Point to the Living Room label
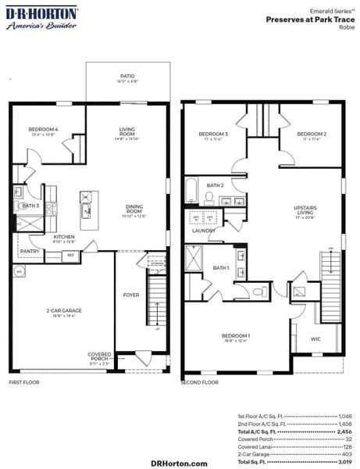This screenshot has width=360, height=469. point(127,134)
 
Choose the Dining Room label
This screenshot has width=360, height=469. point(135,210)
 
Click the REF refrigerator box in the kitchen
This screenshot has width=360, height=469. point(70,255)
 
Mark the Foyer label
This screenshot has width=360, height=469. point(131,295)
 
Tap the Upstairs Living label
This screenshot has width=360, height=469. point(305,211)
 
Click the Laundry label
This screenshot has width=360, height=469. point(204,231)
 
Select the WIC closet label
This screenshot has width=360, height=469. point(315,338)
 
